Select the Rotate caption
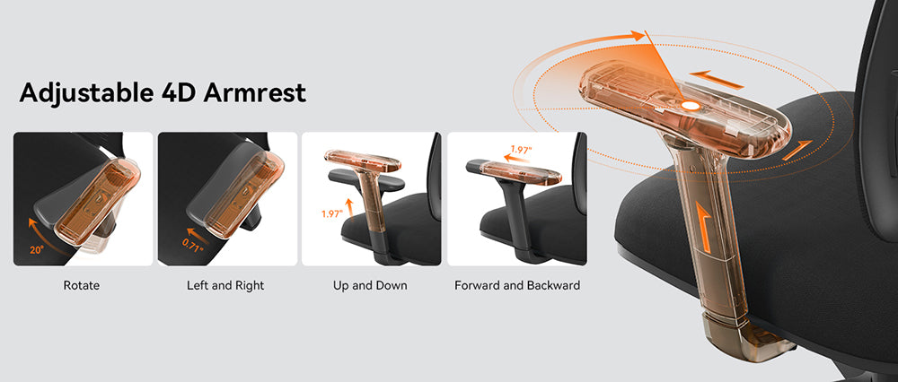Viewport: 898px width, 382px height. (82, 285)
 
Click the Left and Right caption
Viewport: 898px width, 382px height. (225, 285)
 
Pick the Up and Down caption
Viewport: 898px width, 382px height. (370, 285)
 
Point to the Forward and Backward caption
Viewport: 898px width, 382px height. (517, 285)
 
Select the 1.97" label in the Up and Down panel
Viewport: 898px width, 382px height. (332, 214)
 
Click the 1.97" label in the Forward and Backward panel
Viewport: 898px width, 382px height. (521, 151)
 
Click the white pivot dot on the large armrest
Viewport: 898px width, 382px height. (690, 105)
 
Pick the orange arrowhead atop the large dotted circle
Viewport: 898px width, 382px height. (639, 36)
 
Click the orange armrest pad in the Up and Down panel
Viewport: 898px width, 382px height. (361, 161)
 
